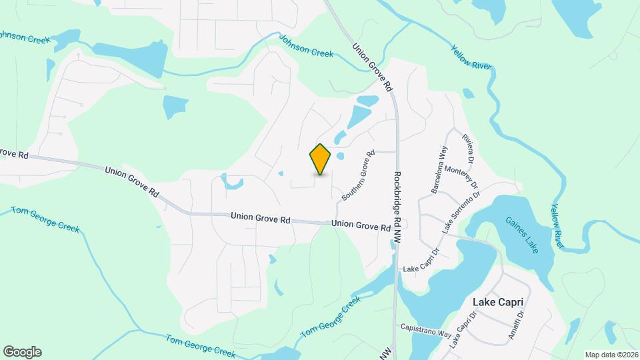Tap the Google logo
coord(22,352)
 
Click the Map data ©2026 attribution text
coord(611,354)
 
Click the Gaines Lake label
coord(521,235)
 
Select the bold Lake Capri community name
coord(497,302)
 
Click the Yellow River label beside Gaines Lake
coord(557,227)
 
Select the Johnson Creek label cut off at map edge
coord(25,37)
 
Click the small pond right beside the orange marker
coord(340,157)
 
